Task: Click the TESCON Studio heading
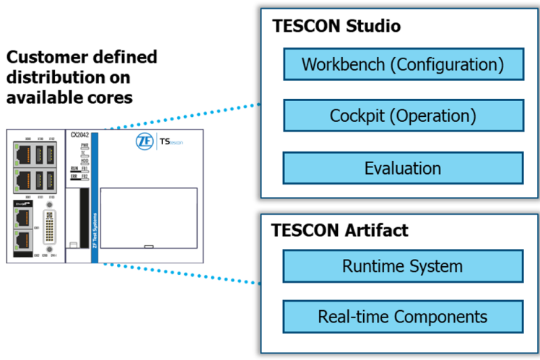(x=336, y=27)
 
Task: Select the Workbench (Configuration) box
(x=403, y=64)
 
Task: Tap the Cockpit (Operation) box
(x=403, y=115)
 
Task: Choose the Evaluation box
(x=403, y=168)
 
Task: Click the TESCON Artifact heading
(x=339, y=230)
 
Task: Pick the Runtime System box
(x=403, y=266)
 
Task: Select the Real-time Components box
(x=403, y=317)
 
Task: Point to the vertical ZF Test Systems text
(x=95, y=220)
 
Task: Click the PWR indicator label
(x=84, y=146)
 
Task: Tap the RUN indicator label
(x=74, y=168)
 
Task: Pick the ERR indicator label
(x=74, y=176)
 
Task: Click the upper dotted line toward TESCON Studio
(x=180, y=116)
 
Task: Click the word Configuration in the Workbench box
(x=447, y=64)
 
